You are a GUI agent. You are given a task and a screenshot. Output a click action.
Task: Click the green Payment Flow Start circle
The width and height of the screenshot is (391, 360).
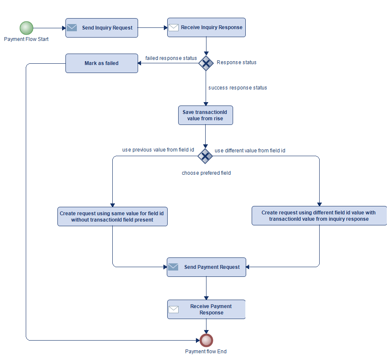coord(26,28)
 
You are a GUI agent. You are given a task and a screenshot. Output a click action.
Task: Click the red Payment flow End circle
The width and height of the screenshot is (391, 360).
coord(206,340)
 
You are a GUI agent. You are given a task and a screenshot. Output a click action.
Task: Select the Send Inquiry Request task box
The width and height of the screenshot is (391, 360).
coord(102,28)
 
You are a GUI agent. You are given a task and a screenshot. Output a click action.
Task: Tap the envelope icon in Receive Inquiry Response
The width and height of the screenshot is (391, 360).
coord(174,27)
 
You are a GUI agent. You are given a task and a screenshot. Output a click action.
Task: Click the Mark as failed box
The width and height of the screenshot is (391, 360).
coord(102,63)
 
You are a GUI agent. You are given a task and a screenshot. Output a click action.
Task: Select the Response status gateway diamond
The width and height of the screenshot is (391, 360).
coord(206,63)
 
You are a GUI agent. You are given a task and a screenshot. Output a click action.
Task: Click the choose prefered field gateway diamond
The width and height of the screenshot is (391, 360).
coord(205,156)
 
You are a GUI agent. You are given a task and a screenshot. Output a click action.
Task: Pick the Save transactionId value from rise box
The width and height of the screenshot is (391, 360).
coord(206,116)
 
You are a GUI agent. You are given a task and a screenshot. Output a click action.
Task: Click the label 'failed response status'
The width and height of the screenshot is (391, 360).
coord(171,58)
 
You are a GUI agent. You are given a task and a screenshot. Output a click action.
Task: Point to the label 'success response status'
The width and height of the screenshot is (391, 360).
coord(238,88)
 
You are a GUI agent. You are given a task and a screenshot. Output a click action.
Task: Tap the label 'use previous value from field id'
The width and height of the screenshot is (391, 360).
coord(158,150)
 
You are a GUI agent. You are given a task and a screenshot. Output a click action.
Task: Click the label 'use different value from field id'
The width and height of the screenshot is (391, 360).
coord(250,150)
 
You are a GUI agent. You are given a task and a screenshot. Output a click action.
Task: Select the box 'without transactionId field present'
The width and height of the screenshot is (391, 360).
coord(112,216)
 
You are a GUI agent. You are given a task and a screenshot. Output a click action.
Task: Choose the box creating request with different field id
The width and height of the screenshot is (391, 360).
coord(319,216)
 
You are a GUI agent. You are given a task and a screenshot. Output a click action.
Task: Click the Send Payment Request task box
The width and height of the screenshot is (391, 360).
coord(206,267)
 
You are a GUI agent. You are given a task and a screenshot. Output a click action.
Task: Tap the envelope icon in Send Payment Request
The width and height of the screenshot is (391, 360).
coord(173,267)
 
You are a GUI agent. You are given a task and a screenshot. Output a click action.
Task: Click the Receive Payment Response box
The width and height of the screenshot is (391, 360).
coord(206,309)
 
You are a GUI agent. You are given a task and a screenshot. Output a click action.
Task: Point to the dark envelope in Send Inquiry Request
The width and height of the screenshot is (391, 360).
coord(72,27)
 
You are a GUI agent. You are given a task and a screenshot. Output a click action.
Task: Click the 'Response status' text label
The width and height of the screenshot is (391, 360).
coord(236,62)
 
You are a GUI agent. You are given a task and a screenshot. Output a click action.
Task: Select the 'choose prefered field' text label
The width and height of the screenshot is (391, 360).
coord(206,173)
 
